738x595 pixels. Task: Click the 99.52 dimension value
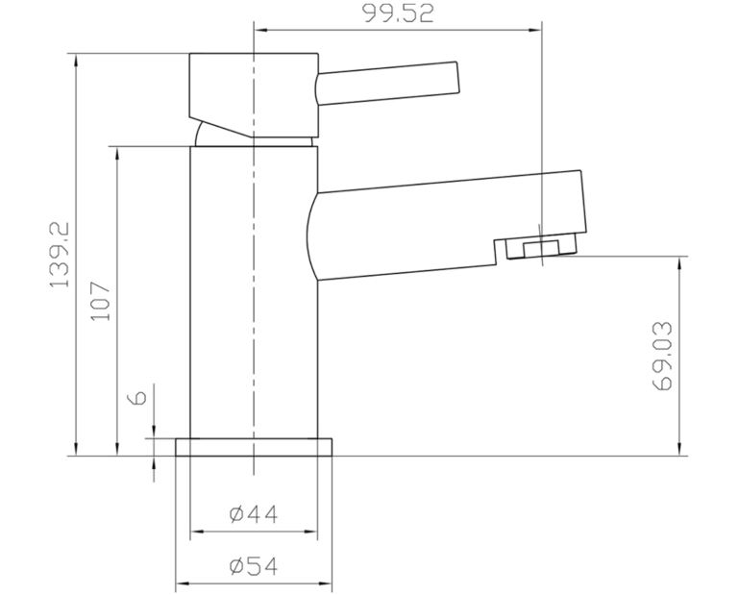click(396, 12)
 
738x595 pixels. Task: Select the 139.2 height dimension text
click(61, 254)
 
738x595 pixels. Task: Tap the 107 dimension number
click(104, 302)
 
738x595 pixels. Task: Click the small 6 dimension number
click(136, 397)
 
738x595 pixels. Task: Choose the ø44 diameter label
click(254, 514)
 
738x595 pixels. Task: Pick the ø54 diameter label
click(254, 567)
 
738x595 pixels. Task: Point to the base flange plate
click(254, 447)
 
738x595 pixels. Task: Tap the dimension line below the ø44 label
click(254, 530)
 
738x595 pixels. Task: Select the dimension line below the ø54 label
click(254, 583)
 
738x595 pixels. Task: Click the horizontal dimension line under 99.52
click(396, 29)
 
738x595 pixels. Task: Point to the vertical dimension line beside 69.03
click(679, 355)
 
